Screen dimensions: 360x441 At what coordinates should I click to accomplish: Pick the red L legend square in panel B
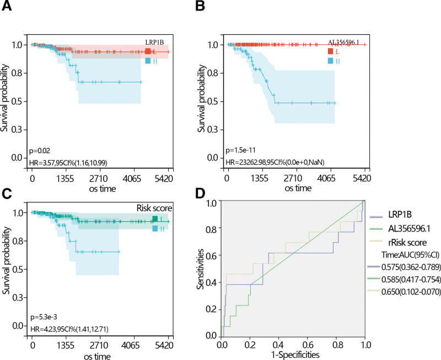point(330,52)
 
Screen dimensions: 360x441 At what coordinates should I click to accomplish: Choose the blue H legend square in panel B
point(330,61)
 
